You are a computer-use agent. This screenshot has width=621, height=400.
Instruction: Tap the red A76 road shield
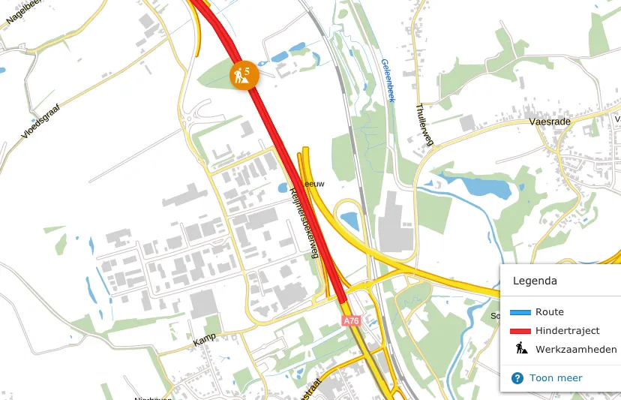tap(351, 321)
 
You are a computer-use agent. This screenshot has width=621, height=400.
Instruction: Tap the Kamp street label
tap(204, 341)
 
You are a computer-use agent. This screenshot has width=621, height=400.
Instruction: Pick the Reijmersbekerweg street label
tap(304, 222)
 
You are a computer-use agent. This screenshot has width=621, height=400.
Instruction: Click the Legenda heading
tap(535, 281)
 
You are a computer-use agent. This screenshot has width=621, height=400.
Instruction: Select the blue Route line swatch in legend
tap(520, 312)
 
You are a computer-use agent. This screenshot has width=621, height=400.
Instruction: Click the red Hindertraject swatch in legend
tap(520, 331)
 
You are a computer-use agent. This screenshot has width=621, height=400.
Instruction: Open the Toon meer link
tap(556, 378)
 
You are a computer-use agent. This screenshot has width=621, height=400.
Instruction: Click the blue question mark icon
tap(517, 378)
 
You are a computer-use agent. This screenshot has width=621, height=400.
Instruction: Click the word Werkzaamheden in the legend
tap(576, 350)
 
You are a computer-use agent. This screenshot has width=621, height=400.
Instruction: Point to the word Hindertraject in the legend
tap(567, 331)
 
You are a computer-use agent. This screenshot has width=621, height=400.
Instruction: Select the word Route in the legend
tap(549, 312)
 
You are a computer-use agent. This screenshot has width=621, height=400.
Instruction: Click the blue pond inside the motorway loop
tap(349, 220)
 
